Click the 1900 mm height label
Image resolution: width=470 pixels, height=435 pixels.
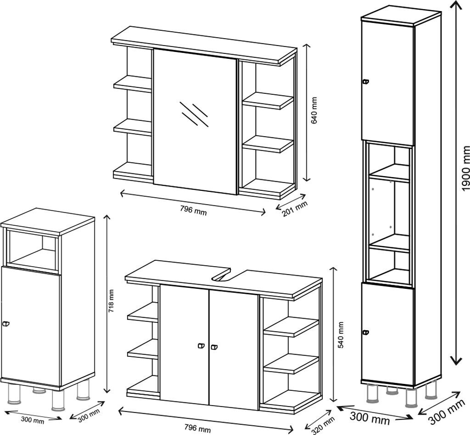465,168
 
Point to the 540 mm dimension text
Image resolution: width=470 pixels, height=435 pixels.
341,335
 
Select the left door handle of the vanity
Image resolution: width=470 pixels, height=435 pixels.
201,347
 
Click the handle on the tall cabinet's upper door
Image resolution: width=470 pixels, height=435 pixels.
365,82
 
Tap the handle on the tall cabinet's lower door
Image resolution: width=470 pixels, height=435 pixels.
365,332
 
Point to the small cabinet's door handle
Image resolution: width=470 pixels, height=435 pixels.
6,325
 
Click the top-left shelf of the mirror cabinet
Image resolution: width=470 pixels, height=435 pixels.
133,84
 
